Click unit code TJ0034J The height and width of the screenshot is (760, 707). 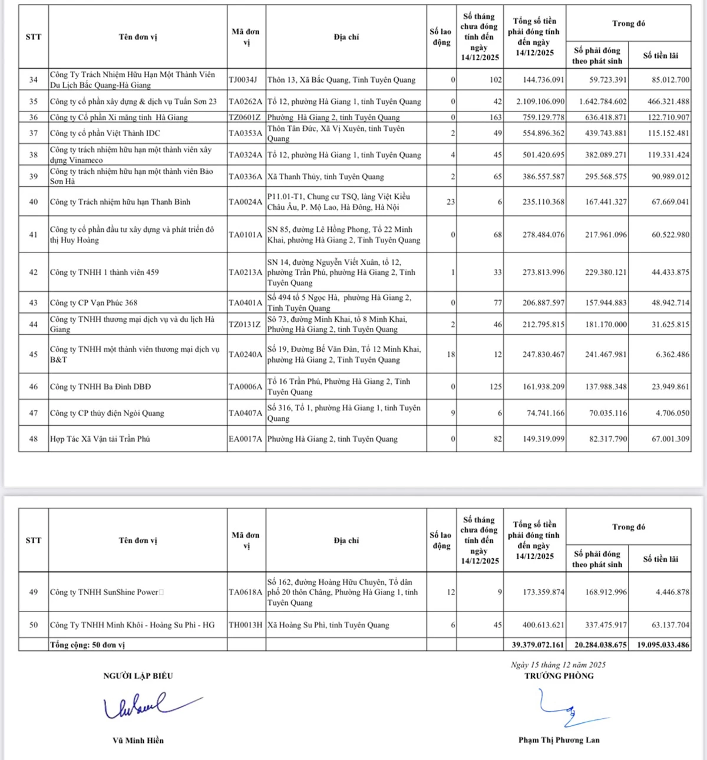(243, 80)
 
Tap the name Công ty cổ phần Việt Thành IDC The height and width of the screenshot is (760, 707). (104, 133)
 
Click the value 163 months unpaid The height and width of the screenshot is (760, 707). (495, 117)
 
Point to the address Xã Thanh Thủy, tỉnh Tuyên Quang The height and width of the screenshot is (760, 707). (325, 176)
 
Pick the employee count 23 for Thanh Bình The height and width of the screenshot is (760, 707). (451, 202)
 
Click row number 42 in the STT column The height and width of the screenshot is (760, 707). (34, 272)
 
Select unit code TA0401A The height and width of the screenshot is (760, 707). (245, 302)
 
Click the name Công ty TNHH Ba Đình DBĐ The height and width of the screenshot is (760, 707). (100, 387)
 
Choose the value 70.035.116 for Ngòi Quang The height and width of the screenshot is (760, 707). (609, 413)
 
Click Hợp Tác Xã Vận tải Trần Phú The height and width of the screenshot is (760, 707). (100, 439)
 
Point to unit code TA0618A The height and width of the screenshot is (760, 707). (245, 592)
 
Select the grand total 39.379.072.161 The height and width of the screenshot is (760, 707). (537, 645)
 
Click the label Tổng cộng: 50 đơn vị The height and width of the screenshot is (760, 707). (87, 645)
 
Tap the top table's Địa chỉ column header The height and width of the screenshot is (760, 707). (346, 37)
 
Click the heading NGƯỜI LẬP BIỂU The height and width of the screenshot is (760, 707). (138, 676)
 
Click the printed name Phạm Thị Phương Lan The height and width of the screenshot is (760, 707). (559, 740)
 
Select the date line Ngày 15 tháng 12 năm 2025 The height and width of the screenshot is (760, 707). (558, 665)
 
